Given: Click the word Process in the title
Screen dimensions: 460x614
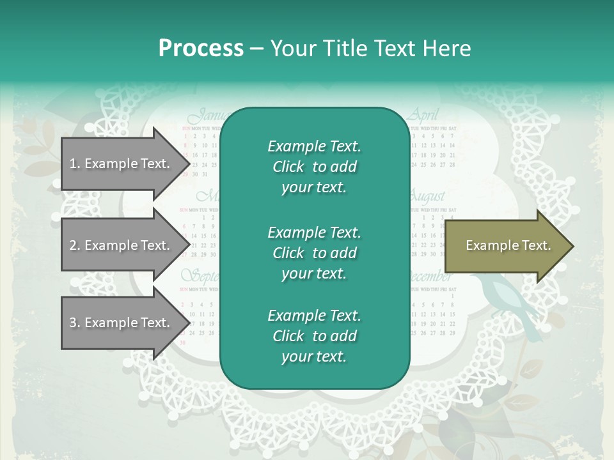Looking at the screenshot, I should tap(201, 49).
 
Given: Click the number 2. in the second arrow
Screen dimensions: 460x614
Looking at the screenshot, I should tap(75, 245).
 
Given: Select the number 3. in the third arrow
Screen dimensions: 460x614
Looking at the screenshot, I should tap(75, 323).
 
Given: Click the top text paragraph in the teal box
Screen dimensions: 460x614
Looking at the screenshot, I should tap(314, 167).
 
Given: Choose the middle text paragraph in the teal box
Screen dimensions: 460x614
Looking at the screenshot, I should tap(314, 253).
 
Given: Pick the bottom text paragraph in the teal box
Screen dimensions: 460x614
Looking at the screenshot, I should tap(314, 336).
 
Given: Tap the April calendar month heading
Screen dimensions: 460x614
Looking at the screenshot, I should tap(423, 116).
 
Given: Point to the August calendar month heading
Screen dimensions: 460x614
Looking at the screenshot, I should tap(427, 196).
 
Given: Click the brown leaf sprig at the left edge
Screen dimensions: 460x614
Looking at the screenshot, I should tap(38, 150).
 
